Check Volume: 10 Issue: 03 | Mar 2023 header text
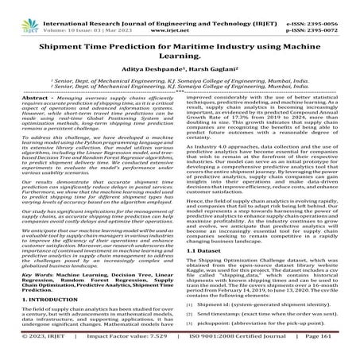85,14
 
